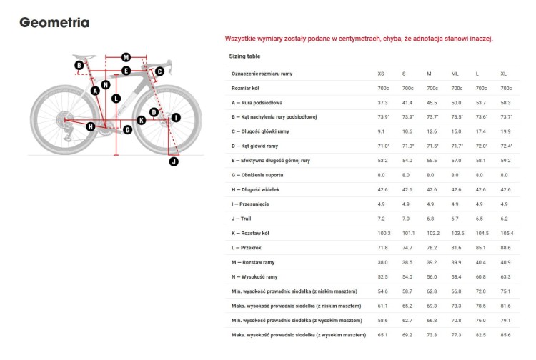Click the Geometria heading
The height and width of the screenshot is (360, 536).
coord(54,23)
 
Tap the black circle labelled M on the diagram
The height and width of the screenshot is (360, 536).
coord(126,57)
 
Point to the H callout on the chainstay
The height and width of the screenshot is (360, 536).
coord(90,126)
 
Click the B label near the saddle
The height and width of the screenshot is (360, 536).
coord(79,66)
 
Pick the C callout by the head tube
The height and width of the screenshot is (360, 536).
coord(159,71)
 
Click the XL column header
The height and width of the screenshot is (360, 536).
coord(504,74)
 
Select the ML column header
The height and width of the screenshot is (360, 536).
coord(455,74)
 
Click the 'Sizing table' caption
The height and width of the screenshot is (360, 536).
coord(244,56)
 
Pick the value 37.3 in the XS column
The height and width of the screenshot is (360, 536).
coord(382,102)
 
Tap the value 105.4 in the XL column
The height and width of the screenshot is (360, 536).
coord(507,233)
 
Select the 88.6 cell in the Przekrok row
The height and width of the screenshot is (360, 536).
coord(505,247)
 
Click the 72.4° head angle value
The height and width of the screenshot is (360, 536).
coord(506,146)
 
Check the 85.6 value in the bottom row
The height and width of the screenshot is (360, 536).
coord(505,334)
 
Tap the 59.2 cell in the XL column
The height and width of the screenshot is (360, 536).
coord(505,160)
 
